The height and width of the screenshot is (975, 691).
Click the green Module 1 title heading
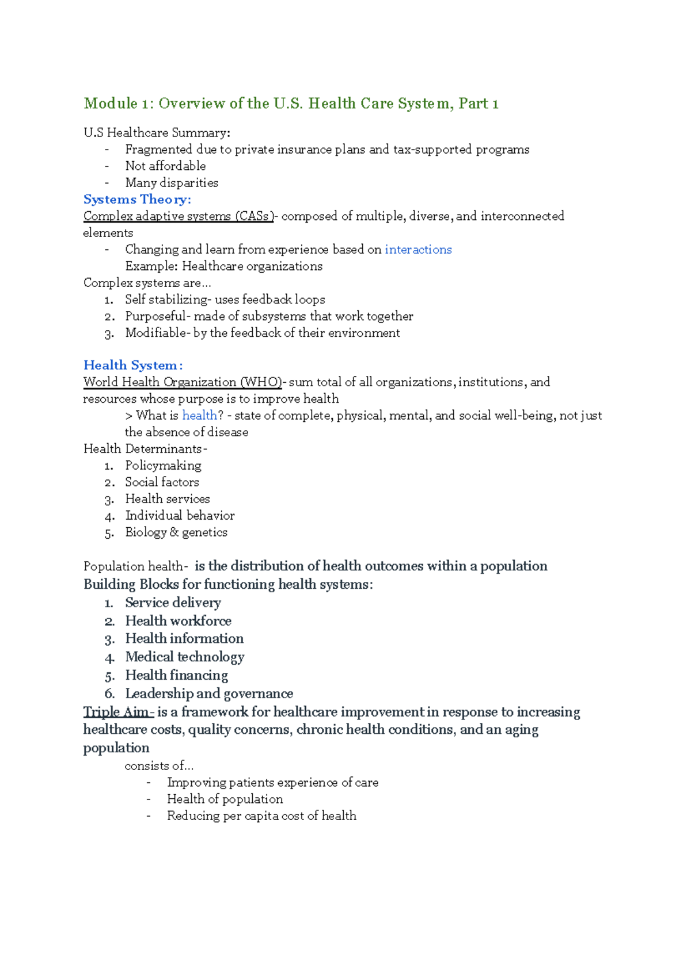(291, 104)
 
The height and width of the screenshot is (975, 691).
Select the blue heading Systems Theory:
(137, 199)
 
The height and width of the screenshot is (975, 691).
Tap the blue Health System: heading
(133, 365)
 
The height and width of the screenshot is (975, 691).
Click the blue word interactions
(418, 249)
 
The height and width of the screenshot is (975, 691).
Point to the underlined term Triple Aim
(117, 712)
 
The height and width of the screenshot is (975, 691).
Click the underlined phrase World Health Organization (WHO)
(183, 382)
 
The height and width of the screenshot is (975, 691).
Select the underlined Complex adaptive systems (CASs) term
(179, 216)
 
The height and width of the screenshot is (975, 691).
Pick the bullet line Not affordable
(165, 166)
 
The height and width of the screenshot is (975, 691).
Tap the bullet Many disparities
(172, 182)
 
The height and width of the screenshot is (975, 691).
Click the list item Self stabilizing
(225, 299)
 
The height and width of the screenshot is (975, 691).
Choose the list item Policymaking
(163, 465)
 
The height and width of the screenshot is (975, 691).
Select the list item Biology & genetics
(176, 532)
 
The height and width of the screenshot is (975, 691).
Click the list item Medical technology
(184, 657)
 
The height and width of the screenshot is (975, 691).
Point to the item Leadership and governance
(209, 694)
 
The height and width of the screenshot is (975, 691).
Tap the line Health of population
(225, 799)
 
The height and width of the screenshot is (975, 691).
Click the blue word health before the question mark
(199, 415)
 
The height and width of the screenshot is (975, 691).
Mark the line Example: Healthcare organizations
(223, 266)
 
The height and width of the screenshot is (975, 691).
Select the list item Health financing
(176, 675)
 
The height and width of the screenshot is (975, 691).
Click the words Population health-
(136, 566)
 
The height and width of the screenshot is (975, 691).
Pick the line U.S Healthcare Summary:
(157, 133)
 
